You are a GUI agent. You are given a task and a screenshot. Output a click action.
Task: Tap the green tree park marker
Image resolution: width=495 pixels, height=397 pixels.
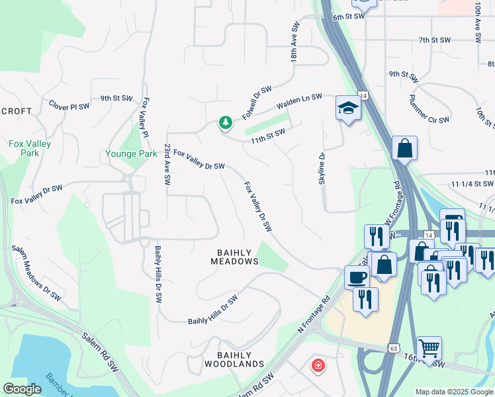226,122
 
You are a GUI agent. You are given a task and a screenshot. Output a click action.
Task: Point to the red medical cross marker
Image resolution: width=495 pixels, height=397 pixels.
318,365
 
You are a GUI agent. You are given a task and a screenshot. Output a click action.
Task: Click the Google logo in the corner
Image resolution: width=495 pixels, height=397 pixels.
22,389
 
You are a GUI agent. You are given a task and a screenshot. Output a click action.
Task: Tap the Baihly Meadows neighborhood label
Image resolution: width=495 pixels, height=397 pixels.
234,257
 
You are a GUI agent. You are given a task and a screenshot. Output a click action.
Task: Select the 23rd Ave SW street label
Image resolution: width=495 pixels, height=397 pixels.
168,165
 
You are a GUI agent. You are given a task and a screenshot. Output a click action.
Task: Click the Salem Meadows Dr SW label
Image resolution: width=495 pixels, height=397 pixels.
36,274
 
